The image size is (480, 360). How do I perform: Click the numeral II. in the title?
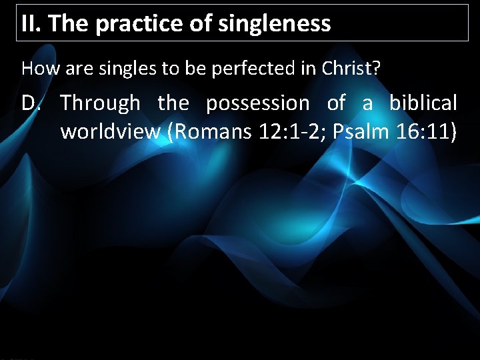31,24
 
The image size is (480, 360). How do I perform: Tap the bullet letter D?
32,103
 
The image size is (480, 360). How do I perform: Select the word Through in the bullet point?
101,103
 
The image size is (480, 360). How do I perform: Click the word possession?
257,103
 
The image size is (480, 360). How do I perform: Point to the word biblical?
423,103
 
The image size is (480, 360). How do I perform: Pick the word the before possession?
173,103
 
